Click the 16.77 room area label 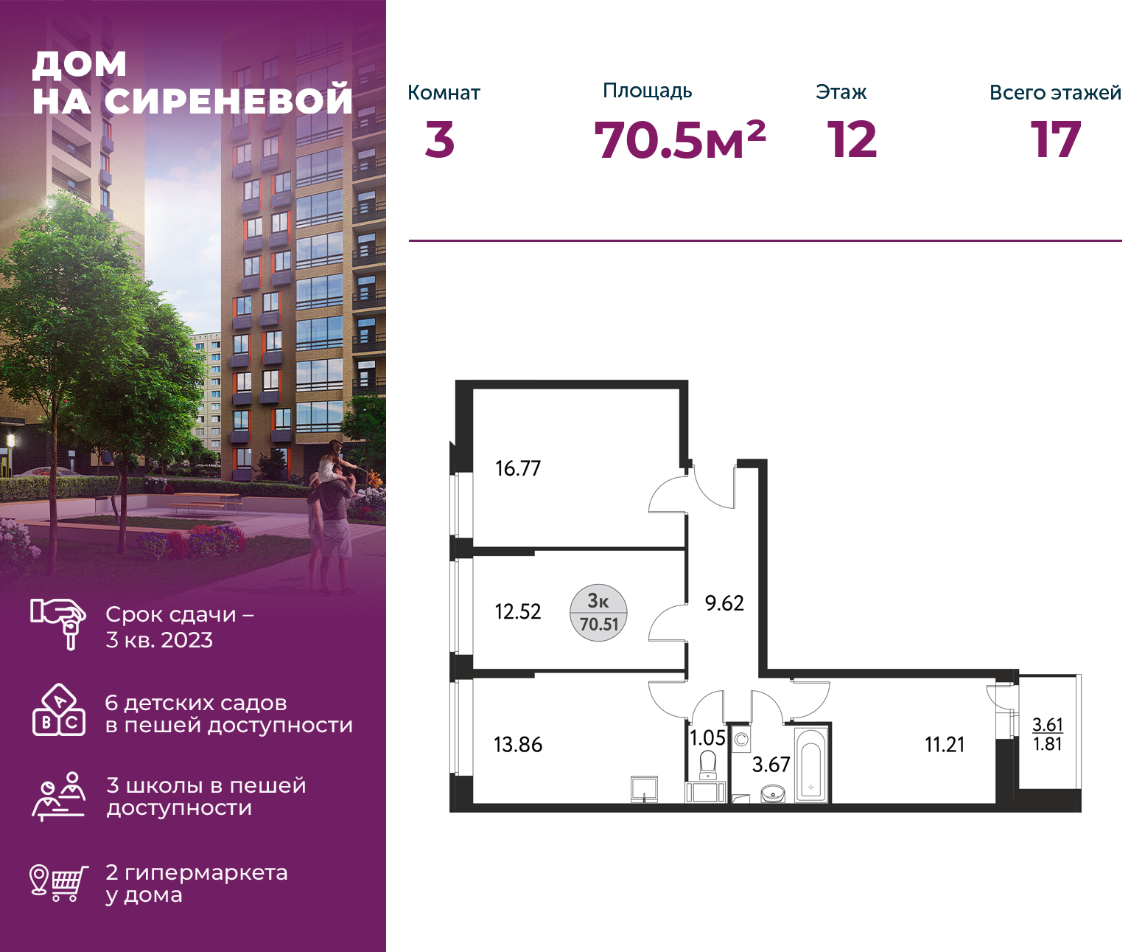[518, 468]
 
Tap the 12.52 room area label [518, 611]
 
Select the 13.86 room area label [518, 745]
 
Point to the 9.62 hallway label [724, 603]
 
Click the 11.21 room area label [945, 745]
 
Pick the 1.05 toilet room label [707, 738]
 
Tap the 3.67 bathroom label [771, 764]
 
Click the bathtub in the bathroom [810, 764]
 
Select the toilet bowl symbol [708, 765]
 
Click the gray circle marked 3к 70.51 [598, 613]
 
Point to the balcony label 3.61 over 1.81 [1048, 734]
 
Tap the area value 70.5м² [680, 140]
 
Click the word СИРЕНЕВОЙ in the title [228, 100]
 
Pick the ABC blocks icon [59, 709]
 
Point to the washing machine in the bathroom [741, 739]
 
